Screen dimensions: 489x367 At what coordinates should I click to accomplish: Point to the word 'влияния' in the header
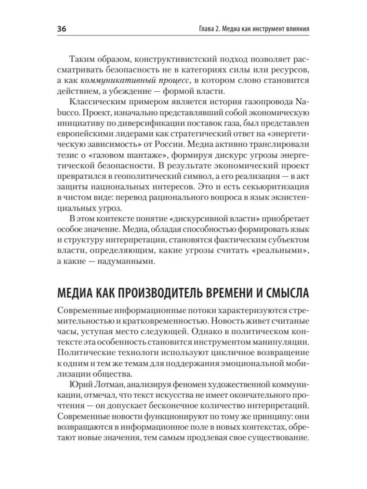point(295,30)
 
